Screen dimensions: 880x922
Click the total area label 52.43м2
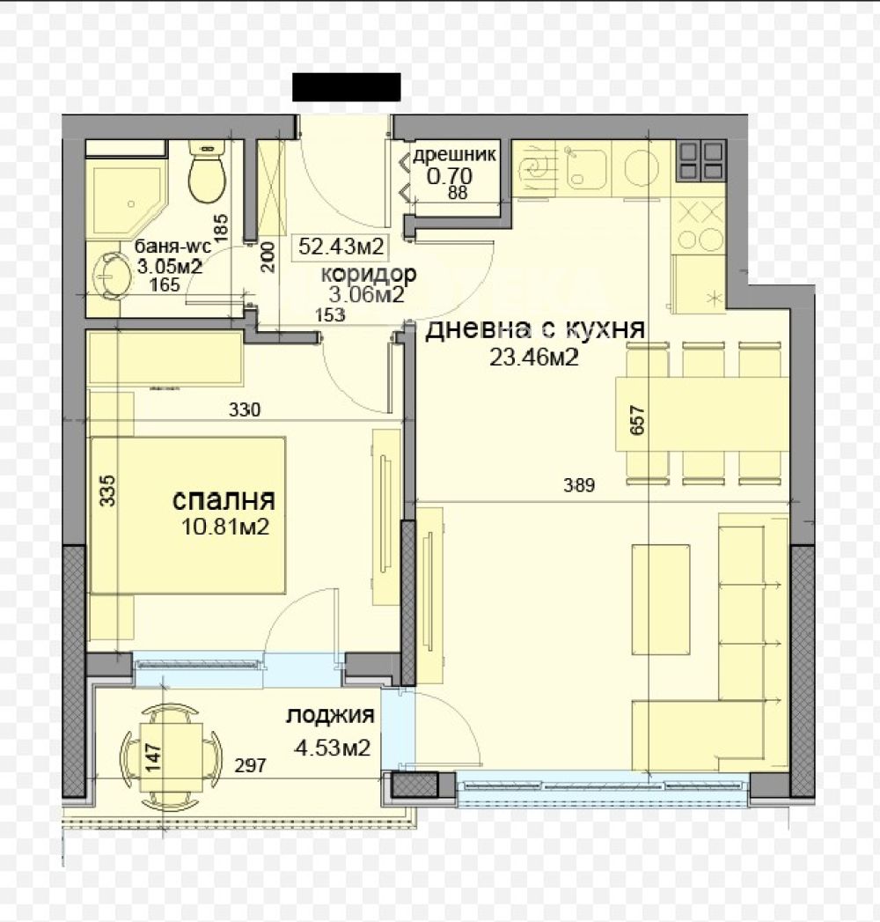click(x=341, y=246)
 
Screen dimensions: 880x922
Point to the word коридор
click(x=369, y=273)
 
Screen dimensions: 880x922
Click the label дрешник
click(x=454, y=155)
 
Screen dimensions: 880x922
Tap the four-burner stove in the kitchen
click(x=701, y=161)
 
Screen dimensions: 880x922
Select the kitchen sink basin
click(x=586, y=167)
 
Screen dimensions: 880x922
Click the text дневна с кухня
click(x=534, y=329)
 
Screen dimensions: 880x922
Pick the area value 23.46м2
click(x=534, y=357)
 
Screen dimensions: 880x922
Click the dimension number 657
click(x=637, y=420)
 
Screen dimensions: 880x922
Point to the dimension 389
click(x=579, y=485)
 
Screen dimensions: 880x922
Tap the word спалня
click(x=224, y=500)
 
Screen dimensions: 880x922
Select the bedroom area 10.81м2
click(x=225, y=527)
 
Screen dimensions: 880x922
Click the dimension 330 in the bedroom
click(x=245, y=409)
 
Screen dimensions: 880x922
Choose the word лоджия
click(x=330, y=716)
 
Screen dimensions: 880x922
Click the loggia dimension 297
click(x=250, y=765)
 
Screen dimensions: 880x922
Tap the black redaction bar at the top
click(x=347, y=87)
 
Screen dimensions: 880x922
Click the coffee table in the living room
click(x=660, y=599)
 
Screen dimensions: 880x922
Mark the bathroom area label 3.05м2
click(x=170, y=266)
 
